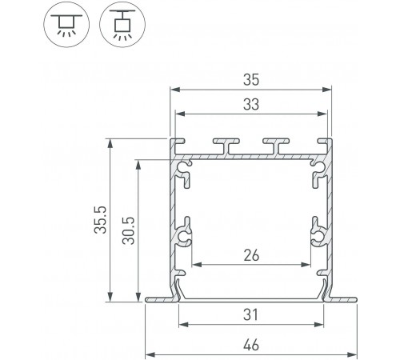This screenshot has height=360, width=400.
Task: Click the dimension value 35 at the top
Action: point(251,80)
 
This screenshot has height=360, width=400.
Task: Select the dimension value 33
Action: point(251,105)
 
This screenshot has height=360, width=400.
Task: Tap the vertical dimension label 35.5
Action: point(101,220)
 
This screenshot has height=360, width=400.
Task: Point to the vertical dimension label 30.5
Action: point(129,231)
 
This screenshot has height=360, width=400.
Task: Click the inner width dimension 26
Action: point(251,255)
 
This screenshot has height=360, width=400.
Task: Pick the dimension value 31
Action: point(250,314)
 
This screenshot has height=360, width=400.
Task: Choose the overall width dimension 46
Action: point(251,345)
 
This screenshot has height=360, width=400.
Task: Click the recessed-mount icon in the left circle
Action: point(66,24)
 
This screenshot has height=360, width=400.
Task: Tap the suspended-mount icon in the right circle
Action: point(122,25)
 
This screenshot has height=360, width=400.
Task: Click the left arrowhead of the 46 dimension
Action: point(150,355)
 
